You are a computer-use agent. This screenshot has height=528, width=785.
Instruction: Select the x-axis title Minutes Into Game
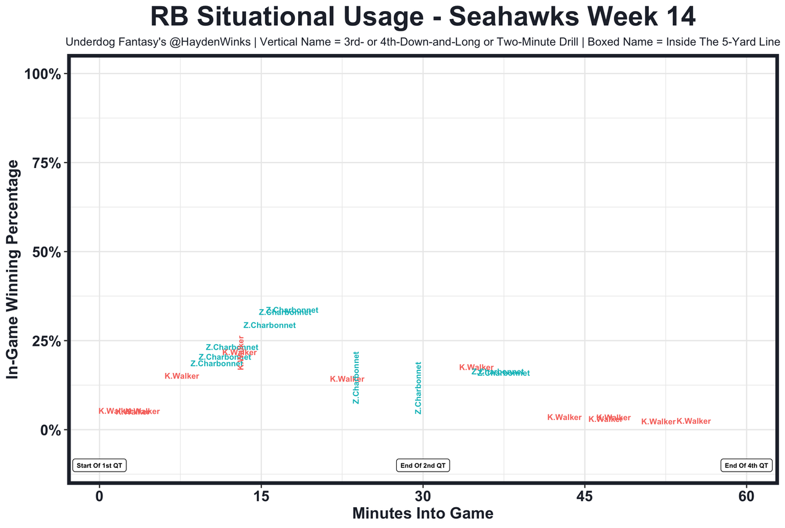(x=423, y=513)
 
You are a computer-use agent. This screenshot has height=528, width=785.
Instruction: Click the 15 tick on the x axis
(x=261, y=495)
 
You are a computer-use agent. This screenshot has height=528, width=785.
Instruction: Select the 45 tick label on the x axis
(x=584, y=495)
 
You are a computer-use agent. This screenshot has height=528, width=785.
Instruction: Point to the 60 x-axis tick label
(x=746, y=495)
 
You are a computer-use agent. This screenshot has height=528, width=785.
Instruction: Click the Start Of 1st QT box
(x=99, y=465)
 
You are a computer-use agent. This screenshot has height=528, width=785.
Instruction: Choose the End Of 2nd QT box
(x=423, y=465)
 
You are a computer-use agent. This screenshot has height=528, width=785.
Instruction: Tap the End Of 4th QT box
(x=746, y=465)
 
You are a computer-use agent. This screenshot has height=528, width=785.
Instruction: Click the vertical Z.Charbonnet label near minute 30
(x=418, y=388)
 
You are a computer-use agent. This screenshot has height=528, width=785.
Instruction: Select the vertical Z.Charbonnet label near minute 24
(x=356, y=377)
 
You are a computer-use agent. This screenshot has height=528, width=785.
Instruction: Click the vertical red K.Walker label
(x=241, y=353)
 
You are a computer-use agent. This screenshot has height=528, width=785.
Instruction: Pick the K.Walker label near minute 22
(x=347, y=380)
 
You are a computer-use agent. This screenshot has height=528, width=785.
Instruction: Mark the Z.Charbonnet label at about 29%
(x=269, y=326)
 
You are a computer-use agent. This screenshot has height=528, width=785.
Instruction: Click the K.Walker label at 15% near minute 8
(x=182, y=377)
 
